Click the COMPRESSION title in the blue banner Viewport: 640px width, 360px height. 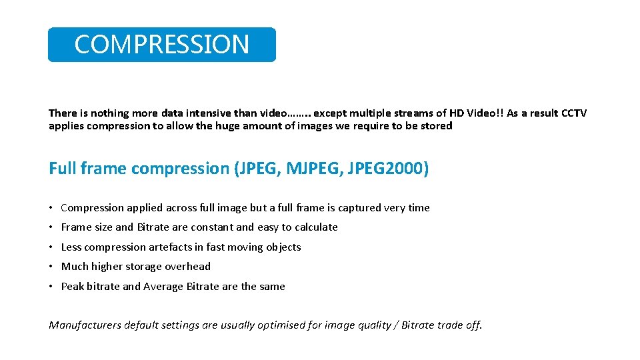[x=161, y=45]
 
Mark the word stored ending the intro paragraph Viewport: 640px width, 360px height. [x=436, y=126]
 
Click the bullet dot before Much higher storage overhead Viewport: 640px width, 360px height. [x=51, y=267]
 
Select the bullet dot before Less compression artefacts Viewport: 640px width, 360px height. [x=51, y=247]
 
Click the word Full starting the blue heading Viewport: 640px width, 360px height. [x=62, y=169]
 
